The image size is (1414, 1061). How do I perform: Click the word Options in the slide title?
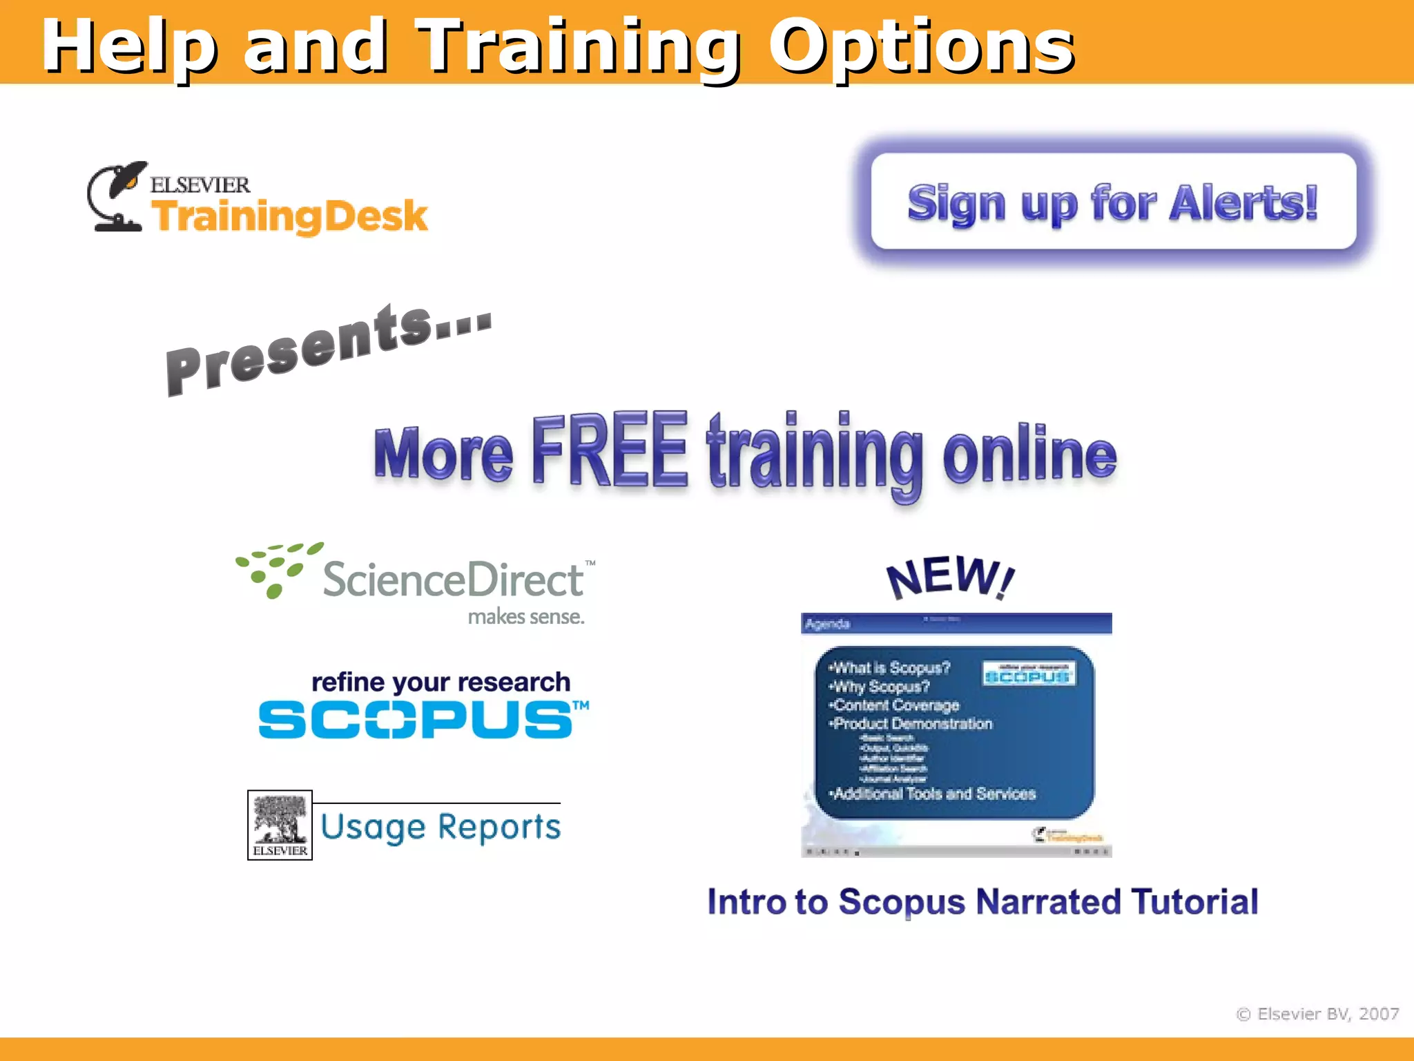coord(922,47)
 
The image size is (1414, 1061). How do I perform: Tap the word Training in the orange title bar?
coord(579,47)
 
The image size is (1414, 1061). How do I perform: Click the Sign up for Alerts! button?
coord(1113,202)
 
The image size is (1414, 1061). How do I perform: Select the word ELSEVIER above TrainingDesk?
coord(200,185)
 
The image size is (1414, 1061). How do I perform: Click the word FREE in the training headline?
coord(610,450)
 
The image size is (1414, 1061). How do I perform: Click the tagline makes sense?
coord(526,616)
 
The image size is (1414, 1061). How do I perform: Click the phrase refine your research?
coord(440,682)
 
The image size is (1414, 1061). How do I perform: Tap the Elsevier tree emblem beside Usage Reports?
coord(280,825)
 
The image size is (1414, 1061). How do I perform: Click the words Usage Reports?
coord(440,827)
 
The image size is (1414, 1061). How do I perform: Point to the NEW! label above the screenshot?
coord(950,577)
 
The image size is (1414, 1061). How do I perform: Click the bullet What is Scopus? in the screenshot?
coord(891,668)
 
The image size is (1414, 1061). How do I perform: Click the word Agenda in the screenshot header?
coord(827,624)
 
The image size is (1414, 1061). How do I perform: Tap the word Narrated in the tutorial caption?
coord(1049,902)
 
